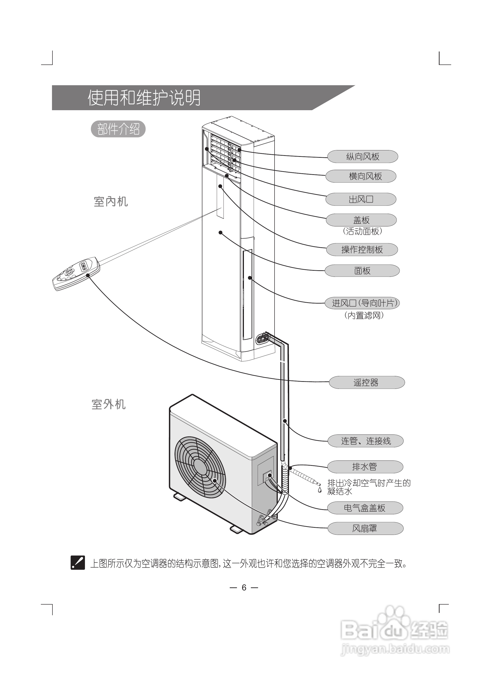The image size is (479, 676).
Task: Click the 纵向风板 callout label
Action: [362, 157]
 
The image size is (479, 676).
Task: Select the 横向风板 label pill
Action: [361, 176]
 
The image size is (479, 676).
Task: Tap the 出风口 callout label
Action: [361, 199]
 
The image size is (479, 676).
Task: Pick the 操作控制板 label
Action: [362, 250]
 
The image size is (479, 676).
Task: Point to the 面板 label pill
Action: [362, 271]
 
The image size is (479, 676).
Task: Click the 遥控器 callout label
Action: [367, 382]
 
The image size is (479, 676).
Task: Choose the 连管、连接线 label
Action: [366, 441]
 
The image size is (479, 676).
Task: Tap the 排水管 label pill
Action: [365, 467]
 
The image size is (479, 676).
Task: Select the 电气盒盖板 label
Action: [365, 508]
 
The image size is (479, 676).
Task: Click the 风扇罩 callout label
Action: [365, 528]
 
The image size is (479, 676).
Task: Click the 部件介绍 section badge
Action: [118, 129]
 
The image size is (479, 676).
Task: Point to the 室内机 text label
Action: [111, 202]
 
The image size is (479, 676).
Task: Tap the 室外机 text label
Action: [109, 404]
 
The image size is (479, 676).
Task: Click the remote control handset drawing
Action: [76, 274]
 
